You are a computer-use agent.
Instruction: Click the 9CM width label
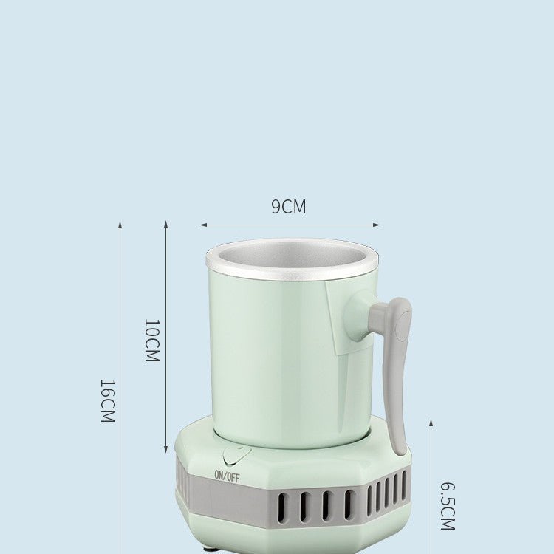coord(288,207)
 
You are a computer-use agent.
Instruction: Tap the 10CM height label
coord(151,340)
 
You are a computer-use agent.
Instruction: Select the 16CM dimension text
coord(108,400)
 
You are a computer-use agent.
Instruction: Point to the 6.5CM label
coord(448,506)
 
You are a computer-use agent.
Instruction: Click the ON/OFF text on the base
coord(227,476)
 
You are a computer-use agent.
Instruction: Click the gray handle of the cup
coord(397,369)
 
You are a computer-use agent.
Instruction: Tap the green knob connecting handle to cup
coord(360,315)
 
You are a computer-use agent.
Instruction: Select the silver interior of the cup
coord(292,256)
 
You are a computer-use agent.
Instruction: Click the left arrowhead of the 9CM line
coord(202,225)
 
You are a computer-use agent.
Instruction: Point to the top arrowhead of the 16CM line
coord(120,224)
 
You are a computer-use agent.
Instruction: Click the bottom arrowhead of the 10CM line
coord(165,450)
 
